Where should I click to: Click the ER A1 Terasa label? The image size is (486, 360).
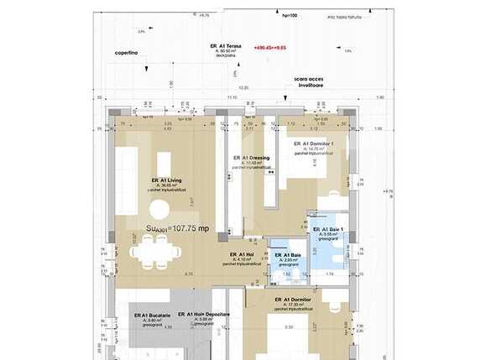pos(227,45)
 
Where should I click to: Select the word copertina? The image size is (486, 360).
pos(127,52)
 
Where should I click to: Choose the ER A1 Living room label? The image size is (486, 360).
pos(168,180)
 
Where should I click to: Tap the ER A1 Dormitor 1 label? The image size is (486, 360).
pos(316,143)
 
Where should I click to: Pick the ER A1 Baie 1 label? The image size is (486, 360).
pos(328,229)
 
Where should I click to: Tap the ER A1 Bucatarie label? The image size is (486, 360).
pos(152,316)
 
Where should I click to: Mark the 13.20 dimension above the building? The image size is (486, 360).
pos(244,86)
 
